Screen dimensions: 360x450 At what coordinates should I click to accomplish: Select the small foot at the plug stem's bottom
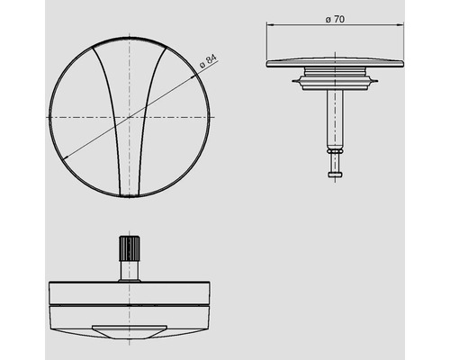[335, 174]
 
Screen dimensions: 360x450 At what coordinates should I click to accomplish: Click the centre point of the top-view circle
[130, 117]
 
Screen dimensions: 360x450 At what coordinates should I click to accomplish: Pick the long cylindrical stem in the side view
[335, 117]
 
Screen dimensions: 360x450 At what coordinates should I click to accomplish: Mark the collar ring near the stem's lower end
[335, 154]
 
